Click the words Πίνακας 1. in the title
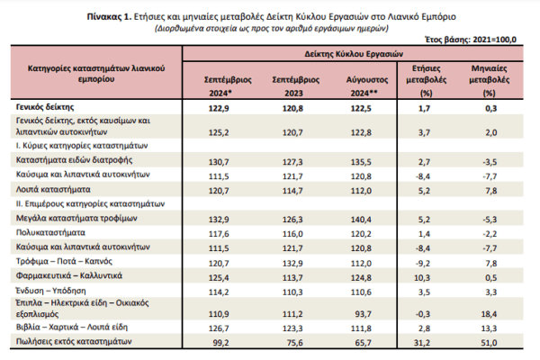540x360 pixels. tap(109, 17)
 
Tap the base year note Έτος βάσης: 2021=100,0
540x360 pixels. tap(471, 40)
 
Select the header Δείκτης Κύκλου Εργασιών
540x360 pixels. tap(354, 54)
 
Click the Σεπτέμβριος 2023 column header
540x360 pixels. tap(295, 86)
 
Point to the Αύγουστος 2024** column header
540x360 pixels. tap(367, 86)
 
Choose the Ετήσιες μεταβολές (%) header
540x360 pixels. tap(427, 81)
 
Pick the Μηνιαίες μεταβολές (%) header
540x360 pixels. tap(489, 81)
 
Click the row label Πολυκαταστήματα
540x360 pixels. tap(50, 233)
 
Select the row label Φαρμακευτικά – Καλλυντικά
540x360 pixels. tap(69, 276)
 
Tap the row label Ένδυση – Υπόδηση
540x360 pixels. tap(50, 291)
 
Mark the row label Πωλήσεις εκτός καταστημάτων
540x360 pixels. tap(74, 342)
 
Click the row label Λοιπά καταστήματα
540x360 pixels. tap(53, 190)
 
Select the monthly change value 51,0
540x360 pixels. tap(490, 343)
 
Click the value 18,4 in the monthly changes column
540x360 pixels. tap(489, 314)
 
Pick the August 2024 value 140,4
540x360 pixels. tap(361, 220)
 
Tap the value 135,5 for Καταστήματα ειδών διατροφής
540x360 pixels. tap(361, 162)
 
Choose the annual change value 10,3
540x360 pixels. tap(422, 278)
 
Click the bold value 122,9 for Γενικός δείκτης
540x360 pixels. tap(219, 109)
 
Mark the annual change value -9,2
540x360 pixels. tap(423, 264)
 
